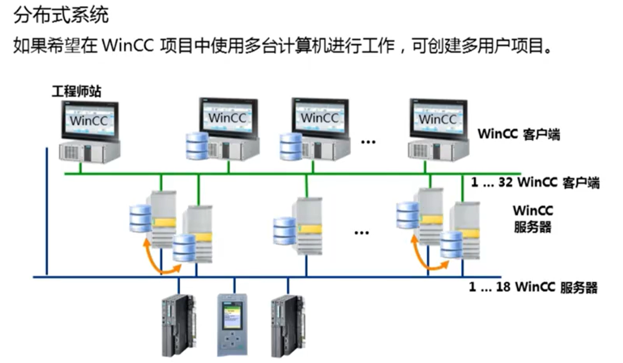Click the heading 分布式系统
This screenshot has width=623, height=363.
click(60, 14)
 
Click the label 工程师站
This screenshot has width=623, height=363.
click(76, 92)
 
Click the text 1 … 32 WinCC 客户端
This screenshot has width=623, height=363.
click(535, 182)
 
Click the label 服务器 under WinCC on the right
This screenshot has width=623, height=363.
click(533, 227)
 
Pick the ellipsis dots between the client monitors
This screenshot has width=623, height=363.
click(368, 141)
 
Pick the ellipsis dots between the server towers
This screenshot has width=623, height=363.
click(361, 233)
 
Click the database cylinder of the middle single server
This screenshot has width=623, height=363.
click(284, 231)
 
